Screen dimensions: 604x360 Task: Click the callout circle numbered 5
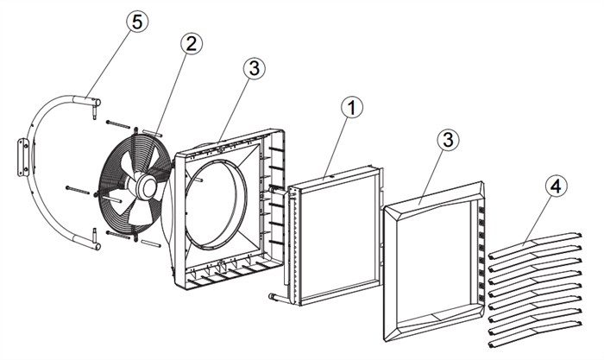pos(137,22)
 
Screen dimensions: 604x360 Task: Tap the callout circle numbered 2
pos(192,44)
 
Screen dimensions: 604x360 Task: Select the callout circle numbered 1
pos(352,108)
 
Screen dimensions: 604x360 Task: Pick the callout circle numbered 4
pos(556,186)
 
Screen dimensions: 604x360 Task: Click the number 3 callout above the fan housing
pos(255,68)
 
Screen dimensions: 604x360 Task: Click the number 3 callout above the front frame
pos(448,140)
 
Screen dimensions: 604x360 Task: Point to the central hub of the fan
pos(145,186)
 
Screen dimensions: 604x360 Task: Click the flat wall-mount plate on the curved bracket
pos(22,158)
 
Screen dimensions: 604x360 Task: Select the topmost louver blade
pos(535,245)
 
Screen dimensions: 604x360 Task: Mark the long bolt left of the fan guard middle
pos(80,190)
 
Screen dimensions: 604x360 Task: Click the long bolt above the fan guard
pos(118,125)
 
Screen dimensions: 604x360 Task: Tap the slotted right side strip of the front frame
pos(481,253)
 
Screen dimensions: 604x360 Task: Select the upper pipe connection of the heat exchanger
pos(278,190)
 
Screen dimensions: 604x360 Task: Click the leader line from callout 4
pos(536,219)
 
